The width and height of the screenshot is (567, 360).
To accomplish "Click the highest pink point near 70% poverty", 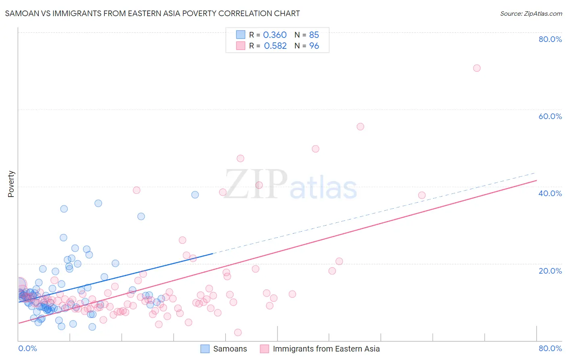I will click(x=477, y=68).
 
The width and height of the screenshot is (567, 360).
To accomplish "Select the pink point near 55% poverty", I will click(x=360, y=127).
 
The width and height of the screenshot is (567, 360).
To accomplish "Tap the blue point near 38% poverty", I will click(x=195, y=195).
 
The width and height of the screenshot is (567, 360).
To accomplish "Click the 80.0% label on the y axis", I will click(x=550, y=39).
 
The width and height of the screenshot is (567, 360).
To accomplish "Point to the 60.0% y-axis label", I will click(x=550, y=116).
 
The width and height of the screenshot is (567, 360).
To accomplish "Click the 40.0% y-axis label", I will click(x=550, y=193).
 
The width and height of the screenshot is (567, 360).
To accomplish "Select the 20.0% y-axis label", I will click(x=550, y=270).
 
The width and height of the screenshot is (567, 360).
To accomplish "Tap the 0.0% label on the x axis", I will click(x=27, y=348).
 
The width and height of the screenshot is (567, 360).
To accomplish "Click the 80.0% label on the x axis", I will click(x=550, y=348).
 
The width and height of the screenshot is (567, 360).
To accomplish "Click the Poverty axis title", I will click(x=11, y=184).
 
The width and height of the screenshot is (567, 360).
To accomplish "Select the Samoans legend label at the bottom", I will click(x=230, y=349).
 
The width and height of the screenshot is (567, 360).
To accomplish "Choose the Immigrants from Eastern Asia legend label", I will click(x=326, y=349).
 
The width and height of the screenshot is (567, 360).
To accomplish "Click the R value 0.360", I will click(x=275, y=35).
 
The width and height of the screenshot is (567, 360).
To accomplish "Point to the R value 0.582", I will click(x=275, y=46).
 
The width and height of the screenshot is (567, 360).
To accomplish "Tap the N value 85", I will click(x=314, y=35).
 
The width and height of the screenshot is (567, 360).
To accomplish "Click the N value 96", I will click(x=314, y=46).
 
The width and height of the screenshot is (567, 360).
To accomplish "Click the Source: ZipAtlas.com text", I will click(x=531, y=14).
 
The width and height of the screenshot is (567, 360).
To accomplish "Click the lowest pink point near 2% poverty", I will click(x=238, y=333).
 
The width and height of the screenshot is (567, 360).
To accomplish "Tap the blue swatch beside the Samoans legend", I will click(x=205, y=349).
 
